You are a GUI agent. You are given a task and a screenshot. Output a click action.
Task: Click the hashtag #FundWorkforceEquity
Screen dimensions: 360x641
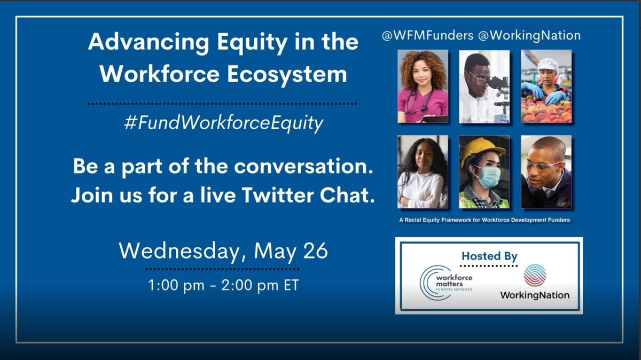point(223,124)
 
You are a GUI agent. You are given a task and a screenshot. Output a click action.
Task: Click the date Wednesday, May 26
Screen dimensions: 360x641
point(223,251)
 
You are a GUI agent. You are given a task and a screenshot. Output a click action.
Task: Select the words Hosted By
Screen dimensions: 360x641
point(489,256)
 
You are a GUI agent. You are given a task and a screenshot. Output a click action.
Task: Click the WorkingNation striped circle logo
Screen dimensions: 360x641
point(534,276)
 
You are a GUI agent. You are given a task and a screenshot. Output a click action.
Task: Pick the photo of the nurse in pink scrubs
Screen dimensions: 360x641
point(423,87)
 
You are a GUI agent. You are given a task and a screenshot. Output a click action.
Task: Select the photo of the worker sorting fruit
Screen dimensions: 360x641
point(546,87)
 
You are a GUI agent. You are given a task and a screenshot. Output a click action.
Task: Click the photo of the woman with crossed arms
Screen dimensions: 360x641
point(423,171)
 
